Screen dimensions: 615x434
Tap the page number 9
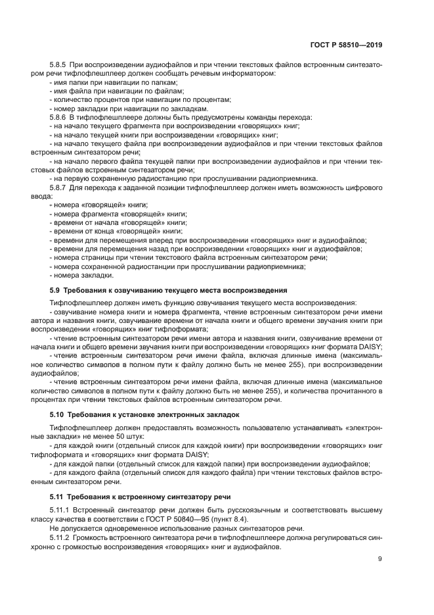tap(380, 559)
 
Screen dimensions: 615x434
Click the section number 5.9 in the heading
tap(55, 289)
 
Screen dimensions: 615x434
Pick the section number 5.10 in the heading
tap(57, 415)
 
